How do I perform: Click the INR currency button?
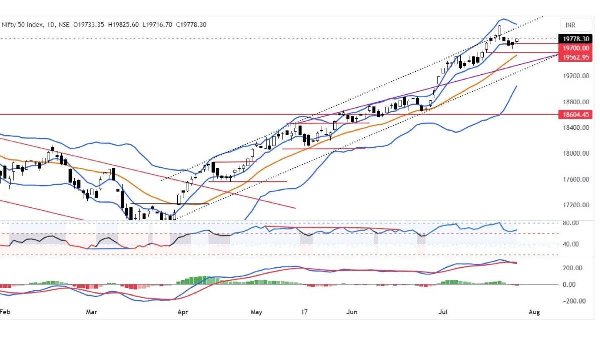coord(570,24)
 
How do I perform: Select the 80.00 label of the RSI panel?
coord(571,223)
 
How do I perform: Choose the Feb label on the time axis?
coord(4,312)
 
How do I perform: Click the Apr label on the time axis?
coord(182,312)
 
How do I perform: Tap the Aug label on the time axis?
coord(534,312)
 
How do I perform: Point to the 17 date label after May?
coord(304,312)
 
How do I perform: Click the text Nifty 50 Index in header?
coord(23,24)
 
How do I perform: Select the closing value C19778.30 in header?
coord(189,24)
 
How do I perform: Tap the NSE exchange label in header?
coord(64,24)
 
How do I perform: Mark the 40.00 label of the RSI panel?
coord(571,244)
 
